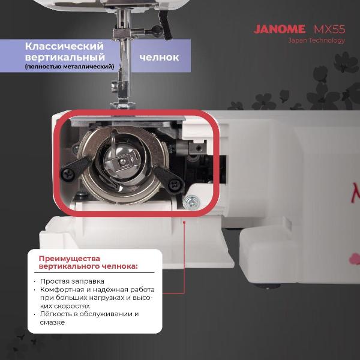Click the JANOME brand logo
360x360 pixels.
[x=280, y=29]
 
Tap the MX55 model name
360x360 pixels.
[x=329, y=29]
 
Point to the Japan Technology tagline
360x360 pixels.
[x=317, y=40]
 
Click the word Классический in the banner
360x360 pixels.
[x=64, y=46]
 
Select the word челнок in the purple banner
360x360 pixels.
[x=159, y=58]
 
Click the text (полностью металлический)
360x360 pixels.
[x=70, y=67]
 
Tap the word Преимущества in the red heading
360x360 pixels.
[x=70, y=259]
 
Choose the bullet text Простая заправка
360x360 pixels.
[x=72, y=281]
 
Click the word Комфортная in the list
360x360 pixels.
[x=62, y=290]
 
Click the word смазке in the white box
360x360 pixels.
[x=52, y=322]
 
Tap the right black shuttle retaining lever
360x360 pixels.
[x=169, y=179]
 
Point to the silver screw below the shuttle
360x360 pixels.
[x=191, y=202]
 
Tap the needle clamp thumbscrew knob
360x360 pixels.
[x=157, y=30]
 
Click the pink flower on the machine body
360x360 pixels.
[x=355, y=259]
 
